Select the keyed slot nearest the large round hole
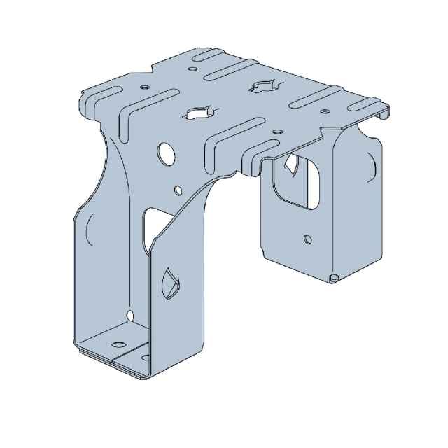tap(197, 112)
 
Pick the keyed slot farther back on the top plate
tap(261, 87)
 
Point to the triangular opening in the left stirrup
tap(149, 225)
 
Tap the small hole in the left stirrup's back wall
tap(129, 314)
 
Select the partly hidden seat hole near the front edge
tap(145, 358)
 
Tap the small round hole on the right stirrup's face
tap(307, 239)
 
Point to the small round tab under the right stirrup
tap(335, 279)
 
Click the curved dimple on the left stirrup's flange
tap(90, 231)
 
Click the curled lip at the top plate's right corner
tap(384, 112)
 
